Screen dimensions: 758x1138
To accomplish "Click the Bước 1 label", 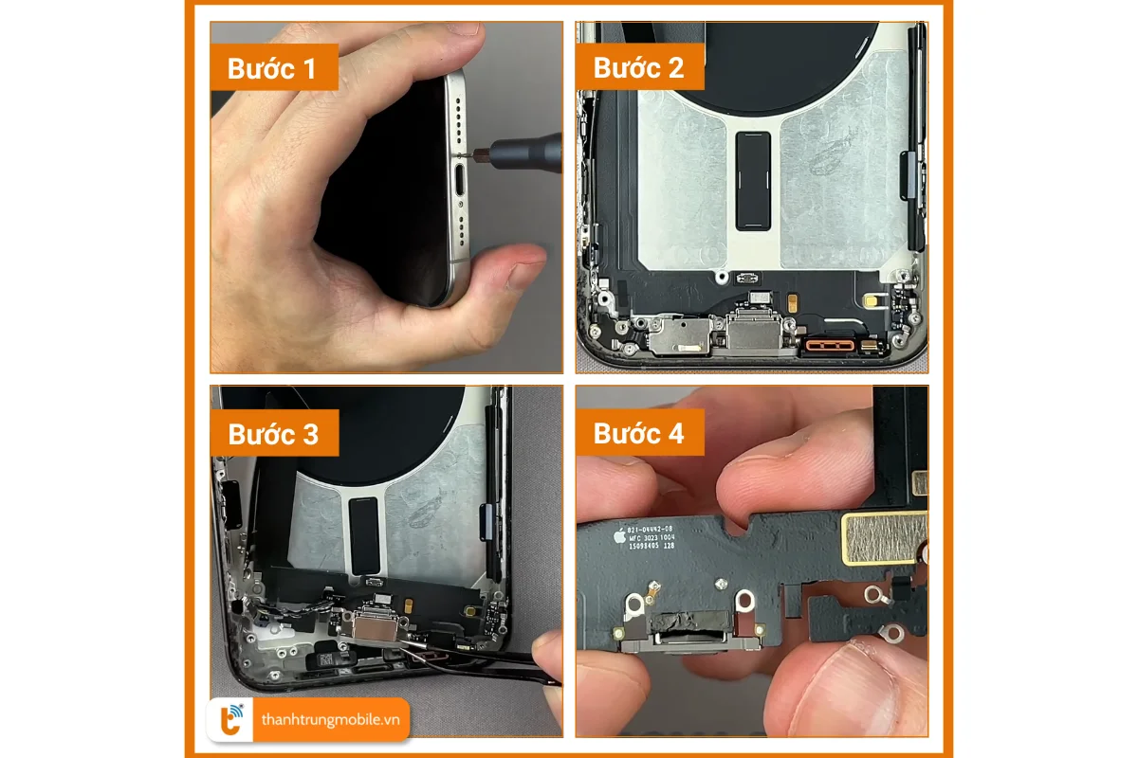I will pos(271,69).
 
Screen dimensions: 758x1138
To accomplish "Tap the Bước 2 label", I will pos(637,68).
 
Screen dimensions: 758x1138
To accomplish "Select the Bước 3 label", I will pos(272,434).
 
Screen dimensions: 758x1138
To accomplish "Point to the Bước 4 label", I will pos(637,434).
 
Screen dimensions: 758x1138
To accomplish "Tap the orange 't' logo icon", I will pos(230,721).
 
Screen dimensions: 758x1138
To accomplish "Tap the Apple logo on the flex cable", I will pos(619,535).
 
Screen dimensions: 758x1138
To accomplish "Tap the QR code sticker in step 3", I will pos(322,658).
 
